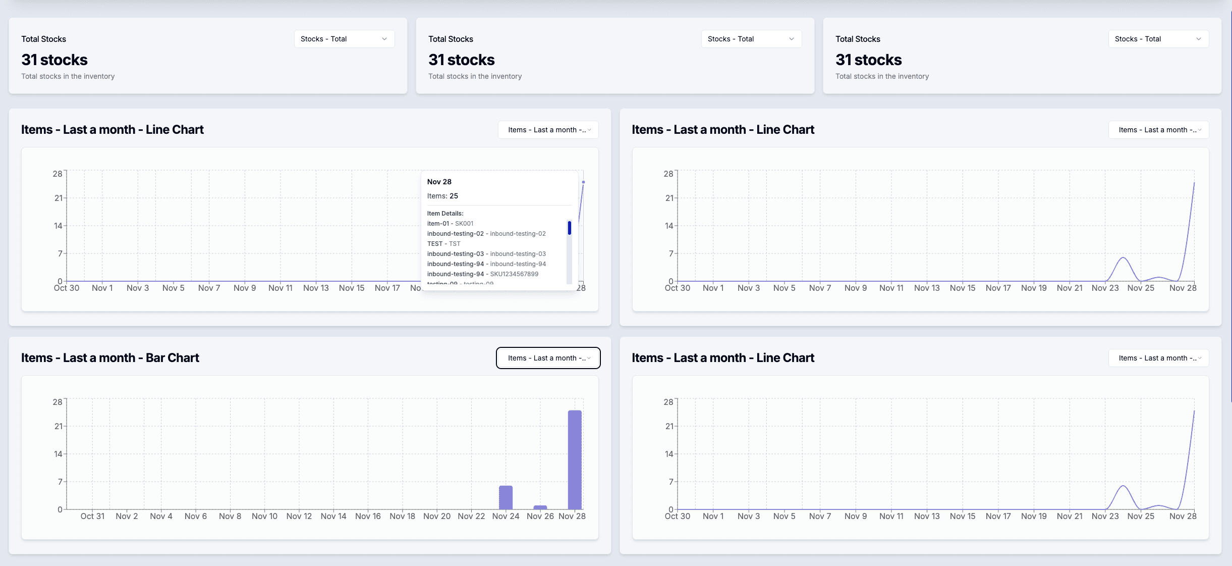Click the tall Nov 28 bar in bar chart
575,459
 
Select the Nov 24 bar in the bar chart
506,497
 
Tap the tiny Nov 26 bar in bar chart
540,507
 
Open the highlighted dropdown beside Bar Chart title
548,358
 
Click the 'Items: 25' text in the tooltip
442,196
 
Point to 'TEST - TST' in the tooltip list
443,244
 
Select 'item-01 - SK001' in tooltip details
450,224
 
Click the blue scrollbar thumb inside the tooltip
569,228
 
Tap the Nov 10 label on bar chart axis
264,516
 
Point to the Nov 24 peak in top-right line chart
1123,258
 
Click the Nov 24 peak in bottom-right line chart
1123,486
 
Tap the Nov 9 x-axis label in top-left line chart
245,288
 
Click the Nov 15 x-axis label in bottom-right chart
962,516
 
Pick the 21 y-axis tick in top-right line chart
669,198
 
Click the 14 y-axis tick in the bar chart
58,454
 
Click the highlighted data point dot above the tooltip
583,182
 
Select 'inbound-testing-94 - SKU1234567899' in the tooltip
482,274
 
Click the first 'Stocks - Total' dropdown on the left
344,39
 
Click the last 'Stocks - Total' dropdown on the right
1158,39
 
